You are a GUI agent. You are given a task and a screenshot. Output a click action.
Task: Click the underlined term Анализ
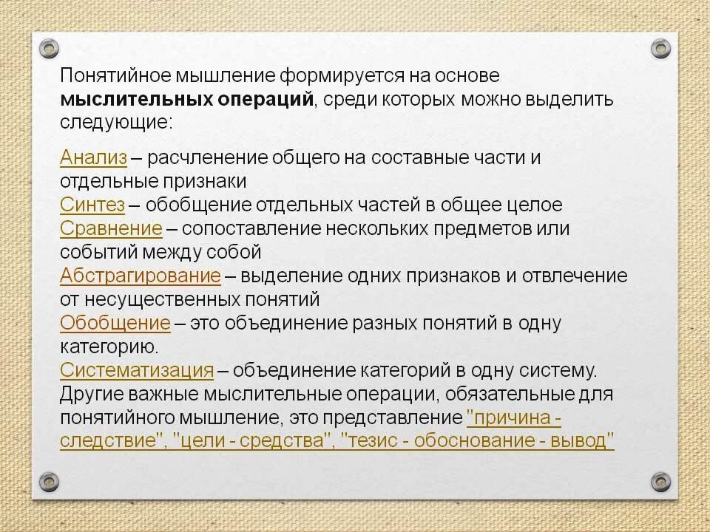[93, 157]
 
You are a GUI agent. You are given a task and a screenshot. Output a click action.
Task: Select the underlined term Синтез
[93, 205]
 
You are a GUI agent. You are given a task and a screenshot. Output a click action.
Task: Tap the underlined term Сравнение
[111, 228]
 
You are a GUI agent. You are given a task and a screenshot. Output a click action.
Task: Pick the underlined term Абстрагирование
[141, 276]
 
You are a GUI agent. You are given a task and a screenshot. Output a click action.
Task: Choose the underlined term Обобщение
[115, 324]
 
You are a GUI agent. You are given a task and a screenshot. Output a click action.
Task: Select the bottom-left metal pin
[49, 481]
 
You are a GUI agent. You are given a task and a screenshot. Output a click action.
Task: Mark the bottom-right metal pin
[660, 481]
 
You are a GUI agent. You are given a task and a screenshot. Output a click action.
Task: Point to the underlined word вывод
[586, 442]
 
